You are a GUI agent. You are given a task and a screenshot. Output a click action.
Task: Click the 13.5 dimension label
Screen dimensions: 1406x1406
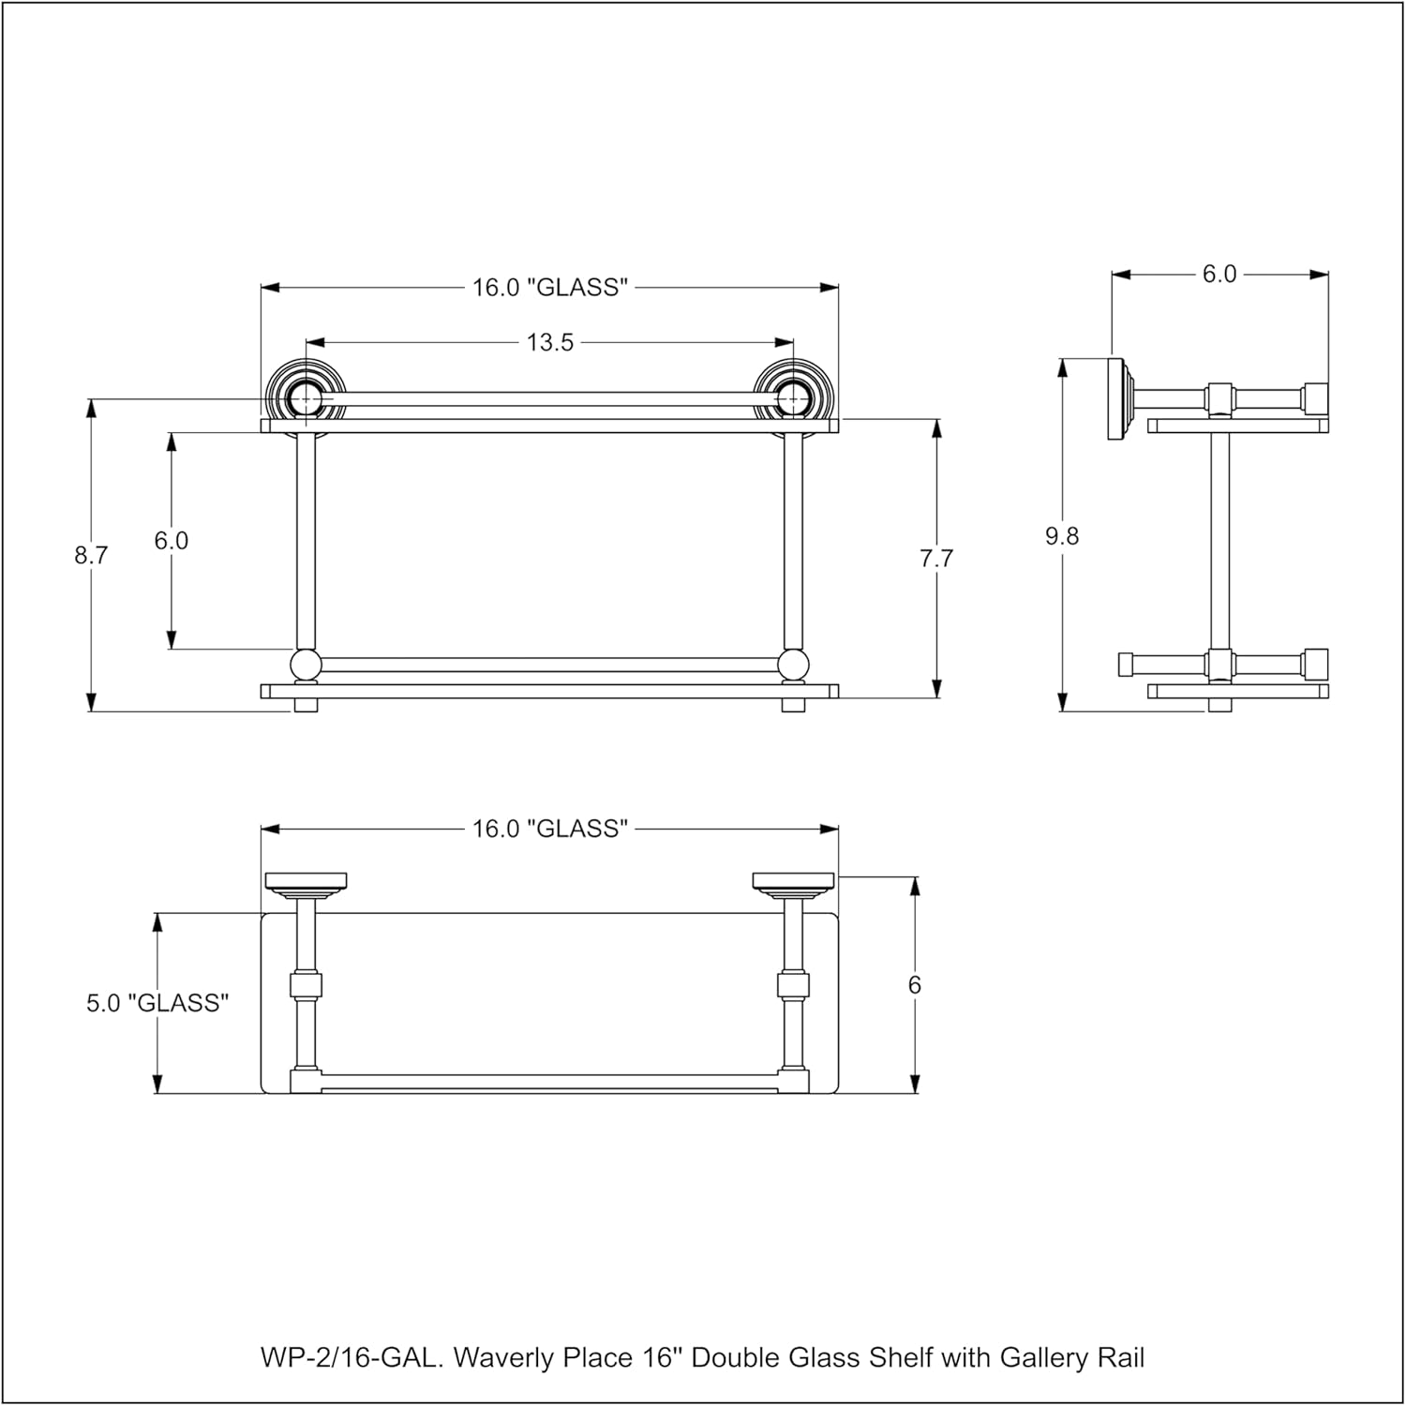click(x=550, y=343)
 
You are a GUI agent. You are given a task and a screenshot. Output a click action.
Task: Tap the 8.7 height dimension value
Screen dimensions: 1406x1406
click(x=92, y=555)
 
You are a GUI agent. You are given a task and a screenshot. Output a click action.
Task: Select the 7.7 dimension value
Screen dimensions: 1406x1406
click(x=936, y=559)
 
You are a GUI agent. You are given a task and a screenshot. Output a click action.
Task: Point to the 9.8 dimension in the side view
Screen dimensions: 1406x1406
click(x=1062, y=536)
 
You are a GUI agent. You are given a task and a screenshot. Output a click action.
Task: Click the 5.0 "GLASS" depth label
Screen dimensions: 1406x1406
click(x=157, y=1003)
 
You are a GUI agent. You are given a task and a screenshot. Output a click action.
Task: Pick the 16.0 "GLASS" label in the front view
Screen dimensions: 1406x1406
click(x=549, y=288)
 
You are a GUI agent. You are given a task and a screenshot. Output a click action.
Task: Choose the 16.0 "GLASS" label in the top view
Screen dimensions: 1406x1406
click(x=549, y=829)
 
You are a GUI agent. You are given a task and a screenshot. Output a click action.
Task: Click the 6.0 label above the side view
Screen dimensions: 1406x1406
click(x=1219, y=275)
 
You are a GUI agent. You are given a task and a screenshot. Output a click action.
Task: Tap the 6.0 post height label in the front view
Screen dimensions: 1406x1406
click(x=172, y=541)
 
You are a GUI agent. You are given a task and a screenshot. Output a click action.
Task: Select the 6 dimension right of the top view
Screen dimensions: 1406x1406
click(x=915, y=985)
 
